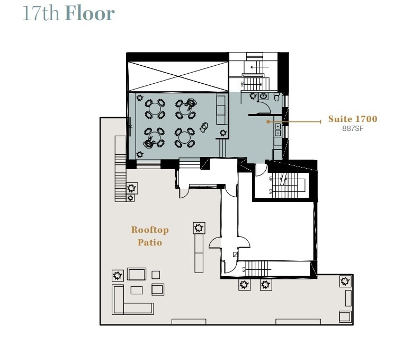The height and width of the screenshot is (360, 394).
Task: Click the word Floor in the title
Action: click(x=89, y=13)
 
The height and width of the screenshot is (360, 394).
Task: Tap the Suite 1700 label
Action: click(x=352, y=119)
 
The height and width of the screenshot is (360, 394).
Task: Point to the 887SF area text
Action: click(x=352, y=128)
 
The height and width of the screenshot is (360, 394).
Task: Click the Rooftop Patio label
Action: click(x=150, y=236)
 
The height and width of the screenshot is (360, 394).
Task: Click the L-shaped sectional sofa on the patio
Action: click(x=130, y=301)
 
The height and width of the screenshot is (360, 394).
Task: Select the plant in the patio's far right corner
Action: click(x=345, y=281)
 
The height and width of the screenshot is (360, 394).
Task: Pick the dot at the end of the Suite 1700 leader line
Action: click(x=268, y=121)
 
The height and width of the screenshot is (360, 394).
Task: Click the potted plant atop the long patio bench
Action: click(x=199, y=228)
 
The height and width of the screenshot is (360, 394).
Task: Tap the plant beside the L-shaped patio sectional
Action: click(x=118, y=275)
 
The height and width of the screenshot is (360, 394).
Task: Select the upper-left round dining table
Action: click(x=155, y=108)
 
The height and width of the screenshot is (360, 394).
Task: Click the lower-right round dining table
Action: click(x=185, y=137)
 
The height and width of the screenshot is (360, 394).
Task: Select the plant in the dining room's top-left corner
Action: click(x=139, y=98)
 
